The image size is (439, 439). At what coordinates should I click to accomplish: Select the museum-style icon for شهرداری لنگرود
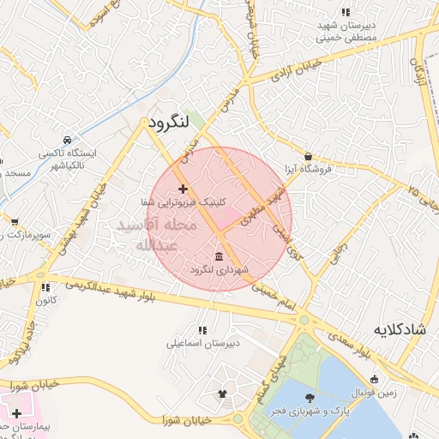(220, 256)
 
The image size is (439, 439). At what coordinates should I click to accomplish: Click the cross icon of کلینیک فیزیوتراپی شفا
(182, 188)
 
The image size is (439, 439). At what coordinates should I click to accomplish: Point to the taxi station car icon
(67, 140)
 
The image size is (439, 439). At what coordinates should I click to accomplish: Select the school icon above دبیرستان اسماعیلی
(202, 330)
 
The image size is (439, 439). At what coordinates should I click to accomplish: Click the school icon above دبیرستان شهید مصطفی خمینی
(346, 13)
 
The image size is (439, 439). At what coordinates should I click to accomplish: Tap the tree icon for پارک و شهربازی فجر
(309, 398)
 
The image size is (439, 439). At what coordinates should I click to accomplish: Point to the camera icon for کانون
(40, 288)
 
